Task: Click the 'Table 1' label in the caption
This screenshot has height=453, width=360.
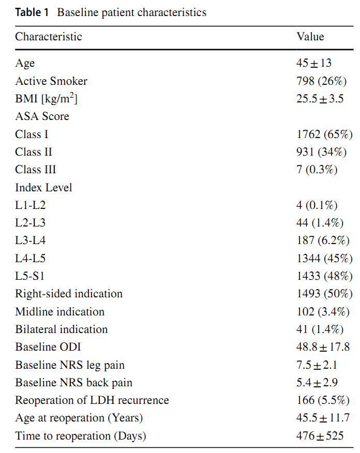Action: click(x=32, y=12)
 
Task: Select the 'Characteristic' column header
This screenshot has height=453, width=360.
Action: click(x=49, y=37)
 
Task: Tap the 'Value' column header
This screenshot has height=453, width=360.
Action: click(x=310, y=37)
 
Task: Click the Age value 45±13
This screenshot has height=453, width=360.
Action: click(x=314, y=63)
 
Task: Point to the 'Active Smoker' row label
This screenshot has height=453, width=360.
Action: click(x=51, y=81)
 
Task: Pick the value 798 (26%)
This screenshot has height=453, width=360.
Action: click(x=321, y=81)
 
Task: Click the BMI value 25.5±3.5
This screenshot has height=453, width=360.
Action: click(x=320, y=99)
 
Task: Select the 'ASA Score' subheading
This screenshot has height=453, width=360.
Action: click(x=42, y=116)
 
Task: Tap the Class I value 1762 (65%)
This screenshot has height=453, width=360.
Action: click(x=324, y=134)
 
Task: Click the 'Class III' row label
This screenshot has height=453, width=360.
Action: click(x=36, y=170)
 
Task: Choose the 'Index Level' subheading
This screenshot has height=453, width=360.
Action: click(x=43, y=188)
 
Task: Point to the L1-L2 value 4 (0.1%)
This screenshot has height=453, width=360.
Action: click(x=317, y=205)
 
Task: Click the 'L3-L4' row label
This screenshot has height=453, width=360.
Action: click(x=31, y=240)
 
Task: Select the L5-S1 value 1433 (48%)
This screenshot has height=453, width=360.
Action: click(x=324, y=276)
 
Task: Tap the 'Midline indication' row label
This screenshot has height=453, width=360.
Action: click(x=60, y=312)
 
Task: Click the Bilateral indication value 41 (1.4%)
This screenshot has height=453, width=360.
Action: click(x=320, y=329)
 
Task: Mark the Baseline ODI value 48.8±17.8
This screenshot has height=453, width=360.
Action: click(x=323, y=347)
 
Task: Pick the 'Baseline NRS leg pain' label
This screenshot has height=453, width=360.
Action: click(x=70, y=365)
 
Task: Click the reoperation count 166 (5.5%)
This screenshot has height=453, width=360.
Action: click(x=323, y=400)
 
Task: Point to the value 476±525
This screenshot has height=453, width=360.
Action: click(x=320, y=435)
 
